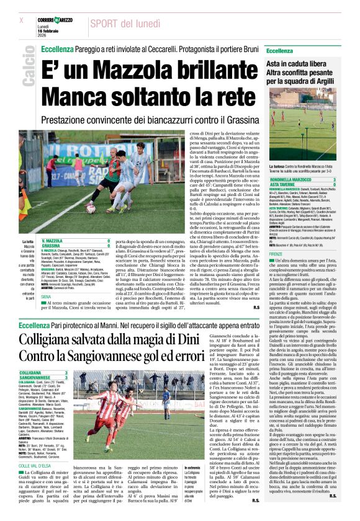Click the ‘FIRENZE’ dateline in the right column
click(276, 254)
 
